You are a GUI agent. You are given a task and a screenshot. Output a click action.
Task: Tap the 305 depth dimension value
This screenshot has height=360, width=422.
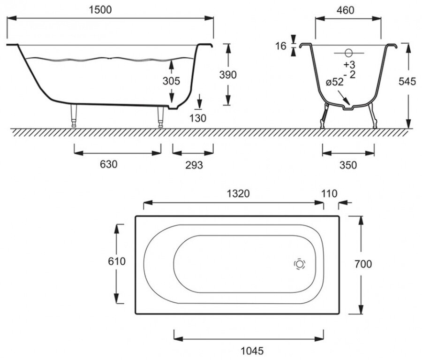pos(171,81)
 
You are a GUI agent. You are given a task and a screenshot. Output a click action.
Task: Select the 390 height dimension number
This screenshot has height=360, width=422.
pos(228,74)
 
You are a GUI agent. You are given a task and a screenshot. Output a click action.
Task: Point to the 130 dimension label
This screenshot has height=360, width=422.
pos(199,118)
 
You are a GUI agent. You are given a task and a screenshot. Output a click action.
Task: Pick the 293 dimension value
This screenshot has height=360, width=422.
pos(193,165)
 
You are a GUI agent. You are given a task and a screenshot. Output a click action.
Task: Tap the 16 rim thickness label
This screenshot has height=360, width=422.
pos(281,46)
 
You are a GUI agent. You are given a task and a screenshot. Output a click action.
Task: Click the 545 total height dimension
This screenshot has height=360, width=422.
pos(407,81)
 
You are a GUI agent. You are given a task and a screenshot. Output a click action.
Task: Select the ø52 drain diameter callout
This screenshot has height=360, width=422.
pos(335,82)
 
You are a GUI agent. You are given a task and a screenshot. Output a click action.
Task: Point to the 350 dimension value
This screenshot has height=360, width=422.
pos(348,165)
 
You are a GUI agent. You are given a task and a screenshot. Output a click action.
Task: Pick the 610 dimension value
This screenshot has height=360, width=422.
pos(117,261)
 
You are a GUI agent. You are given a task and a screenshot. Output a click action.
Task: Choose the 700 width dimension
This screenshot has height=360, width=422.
pos(363,264)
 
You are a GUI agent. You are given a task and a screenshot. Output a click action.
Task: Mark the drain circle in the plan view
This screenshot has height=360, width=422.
pos(299,264)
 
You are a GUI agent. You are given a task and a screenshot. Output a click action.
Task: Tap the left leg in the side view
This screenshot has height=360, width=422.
pos(74,116)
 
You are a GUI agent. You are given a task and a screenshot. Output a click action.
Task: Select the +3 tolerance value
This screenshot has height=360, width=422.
pos(349,64)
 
